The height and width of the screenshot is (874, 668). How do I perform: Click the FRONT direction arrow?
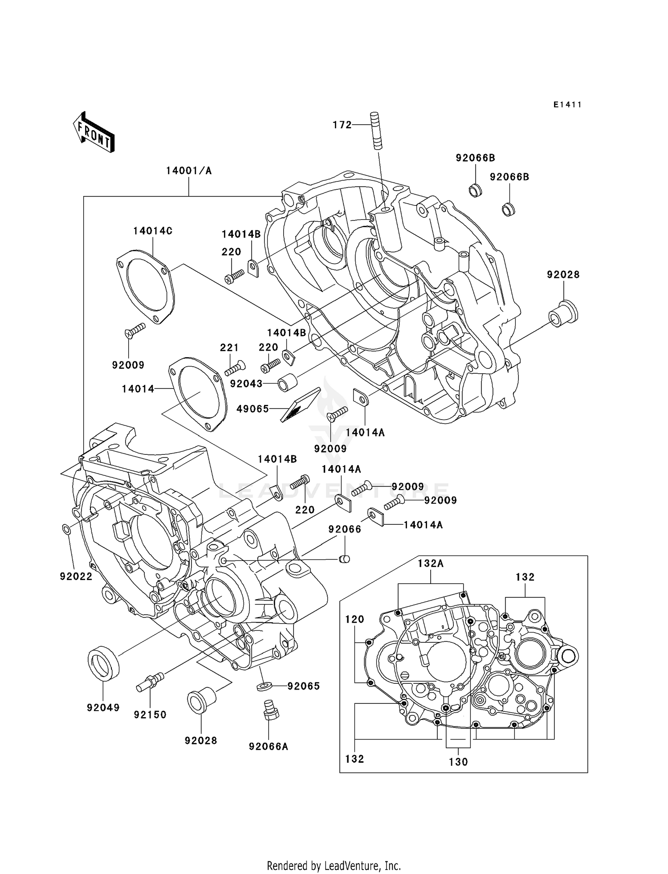click(94, 132)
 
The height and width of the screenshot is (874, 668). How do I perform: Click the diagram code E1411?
click(567, 105)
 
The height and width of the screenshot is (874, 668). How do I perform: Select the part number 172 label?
click(342, 125)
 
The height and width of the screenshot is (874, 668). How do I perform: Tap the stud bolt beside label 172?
click(375, 131)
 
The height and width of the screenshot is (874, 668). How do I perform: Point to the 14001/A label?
click(189, 171)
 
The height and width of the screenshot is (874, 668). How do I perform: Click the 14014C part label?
click(153, 231)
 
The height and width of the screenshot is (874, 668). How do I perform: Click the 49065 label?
click(253, 408)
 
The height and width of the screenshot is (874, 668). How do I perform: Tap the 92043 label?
click(246, 384)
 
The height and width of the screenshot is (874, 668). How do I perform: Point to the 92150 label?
click(150, 715)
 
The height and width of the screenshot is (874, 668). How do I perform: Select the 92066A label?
click(269, 746)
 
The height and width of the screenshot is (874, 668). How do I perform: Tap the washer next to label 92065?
click(265, 686)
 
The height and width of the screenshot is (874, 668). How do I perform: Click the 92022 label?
click(76, 576)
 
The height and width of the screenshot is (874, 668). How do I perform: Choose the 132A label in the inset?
click(431, 564)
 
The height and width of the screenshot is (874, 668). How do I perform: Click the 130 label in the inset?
click(458, 762)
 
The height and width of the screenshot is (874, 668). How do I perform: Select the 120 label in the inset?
click(354, 619)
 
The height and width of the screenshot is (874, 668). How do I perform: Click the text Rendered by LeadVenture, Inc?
click(334, 866)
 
